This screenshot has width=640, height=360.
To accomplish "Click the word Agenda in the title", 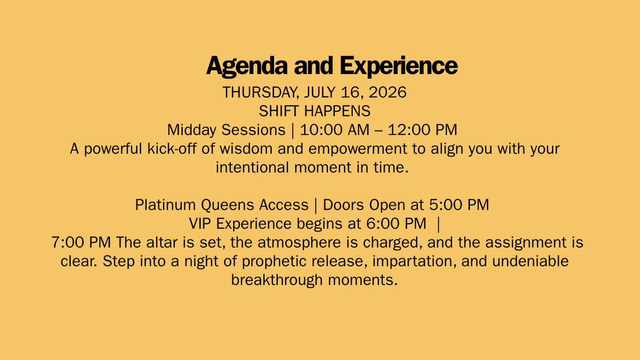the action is [247, 67].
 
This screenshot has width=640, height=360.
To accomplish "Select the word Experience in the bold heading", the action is [399, 67].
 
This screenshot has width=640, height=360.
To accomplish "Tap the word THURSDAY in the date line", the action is [261, 93].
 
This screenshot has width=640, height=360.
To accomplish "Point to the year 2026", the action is [387, 92].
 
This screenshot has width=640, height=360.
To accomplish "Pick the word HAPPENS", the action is [337, 111].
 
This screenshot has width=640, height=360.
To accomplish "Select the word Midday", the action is [192, 130].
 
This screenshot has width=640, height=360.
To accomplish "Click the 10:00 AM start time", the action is [335, 130].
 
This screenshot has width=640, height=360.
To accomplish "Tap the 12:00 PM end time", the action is [423, 130].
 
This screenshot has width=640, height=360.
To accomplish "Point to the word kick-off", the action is [172, 149].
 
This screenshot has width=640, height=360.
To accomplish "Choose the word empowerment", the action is [357, 149].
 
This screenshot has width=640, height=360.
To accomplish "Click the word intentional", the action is [252, 167].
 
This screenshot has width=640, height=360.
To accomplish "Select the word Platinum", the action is [165, 205].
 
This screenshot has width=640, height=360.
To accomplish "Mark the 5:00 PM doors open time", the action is [459, 205].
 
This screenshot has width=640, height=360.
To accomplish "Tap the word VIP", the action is [200, 224].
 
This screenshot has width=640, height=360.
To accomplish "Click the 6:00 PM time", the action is [396, 224].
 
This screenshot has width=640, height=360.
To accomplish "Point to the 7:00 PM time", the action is [81, 242].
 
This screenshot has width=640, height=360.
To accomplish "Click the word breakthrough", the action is [277, 280].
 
